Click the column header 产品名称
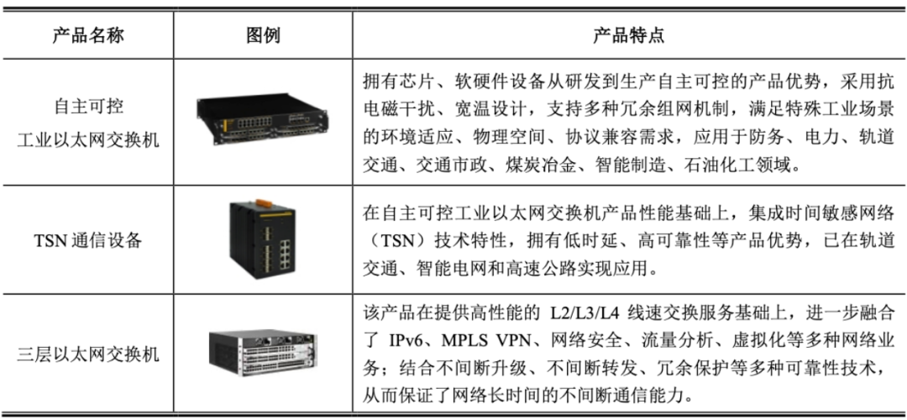click(x=88, y=36)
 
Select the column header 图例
click(x=263, y=36)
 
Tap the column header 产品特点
click(x=629, y=36)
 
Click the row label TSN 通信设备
click(x=88, y=239)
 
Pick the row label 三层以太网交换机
click(x=88, y=354)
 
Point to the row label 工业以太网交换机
click(x=88, y=139)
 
